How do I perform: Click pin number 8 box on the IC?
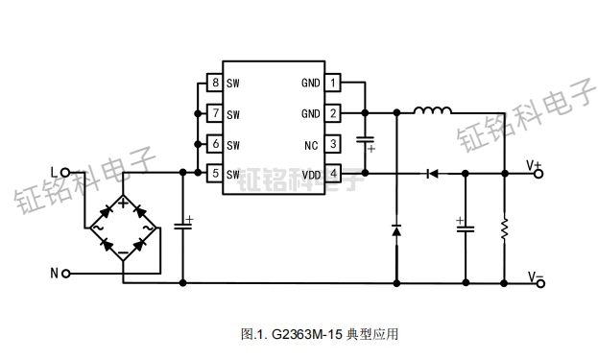(215, 83)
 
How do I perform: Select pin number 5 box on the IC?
(215, 174)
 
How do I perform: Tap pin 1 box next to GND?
(333, 83)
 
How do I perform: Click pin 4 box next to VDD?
(333, 174)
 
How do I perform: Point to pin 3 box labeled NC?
(333, 144)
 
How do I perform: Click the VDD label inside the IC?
(311, 175)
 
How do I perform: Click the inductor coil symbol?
(433, 113)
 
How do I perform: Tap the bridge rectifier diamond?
(123, 227)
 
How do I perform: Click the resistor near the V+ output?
(505, 228)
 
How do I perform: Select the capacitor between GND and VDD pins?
(366, 143)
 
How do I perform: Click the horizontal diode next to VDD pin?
(431, 174)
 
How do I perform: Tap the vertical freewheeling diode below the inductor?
(395, 229)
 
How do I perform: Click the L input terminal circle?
(65, 174)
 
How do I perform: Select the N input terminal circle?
(65, 274)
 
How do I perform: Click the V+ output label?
(535, 166)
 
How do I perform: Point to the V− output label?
(535, 276)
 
